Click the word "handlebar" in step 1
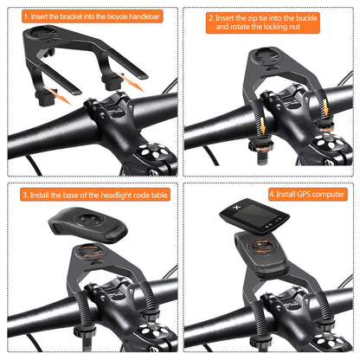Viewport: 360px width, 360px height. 146,16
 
